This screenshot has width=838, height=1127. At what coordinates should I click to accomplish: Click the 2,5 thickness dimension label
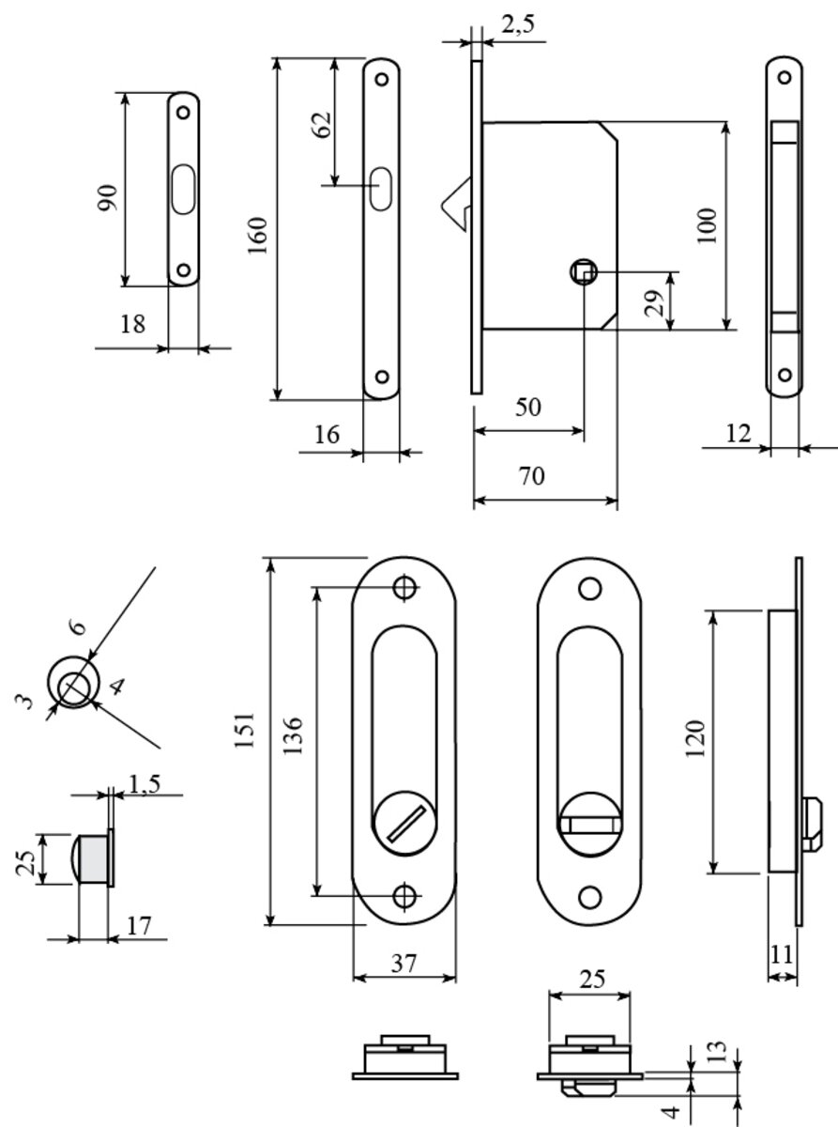[x=517, y=26]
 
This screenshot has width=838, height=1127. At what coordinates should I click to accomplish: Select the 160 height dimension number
[x=259, y=235]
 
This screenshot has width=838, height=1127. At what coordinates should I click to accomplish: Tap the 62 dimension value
[x=321, y=126]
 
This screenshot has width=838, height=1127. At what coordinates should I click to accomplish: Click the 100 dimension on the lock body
[x=708, y=225]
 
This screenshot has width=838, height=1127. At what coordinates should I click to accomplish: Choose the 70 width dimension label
[x=531, y=476]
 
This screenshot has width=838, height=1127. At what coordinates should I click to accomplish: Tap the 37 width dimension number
[x=404, y=963]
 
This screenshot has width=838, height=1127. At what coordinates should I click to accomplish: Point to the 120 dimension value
[x=695, y=740]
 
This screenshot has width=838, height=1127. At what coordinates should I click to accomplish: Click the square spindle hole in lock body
[x=583, y=272]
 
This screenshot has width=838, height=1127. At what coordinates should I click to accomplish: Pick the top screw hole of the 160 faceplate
[x=383, y=79]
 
